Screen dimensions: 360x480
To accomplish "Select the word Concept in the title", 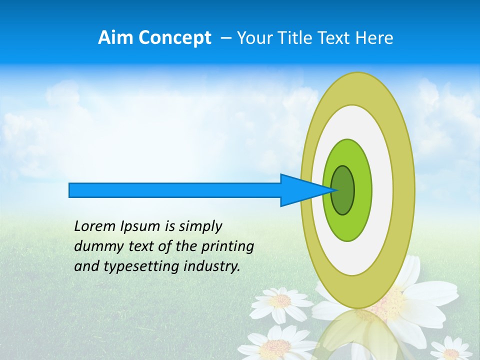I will coord(174,38).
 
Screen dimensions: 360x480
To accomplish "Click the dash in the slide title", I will coord(225,38).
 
